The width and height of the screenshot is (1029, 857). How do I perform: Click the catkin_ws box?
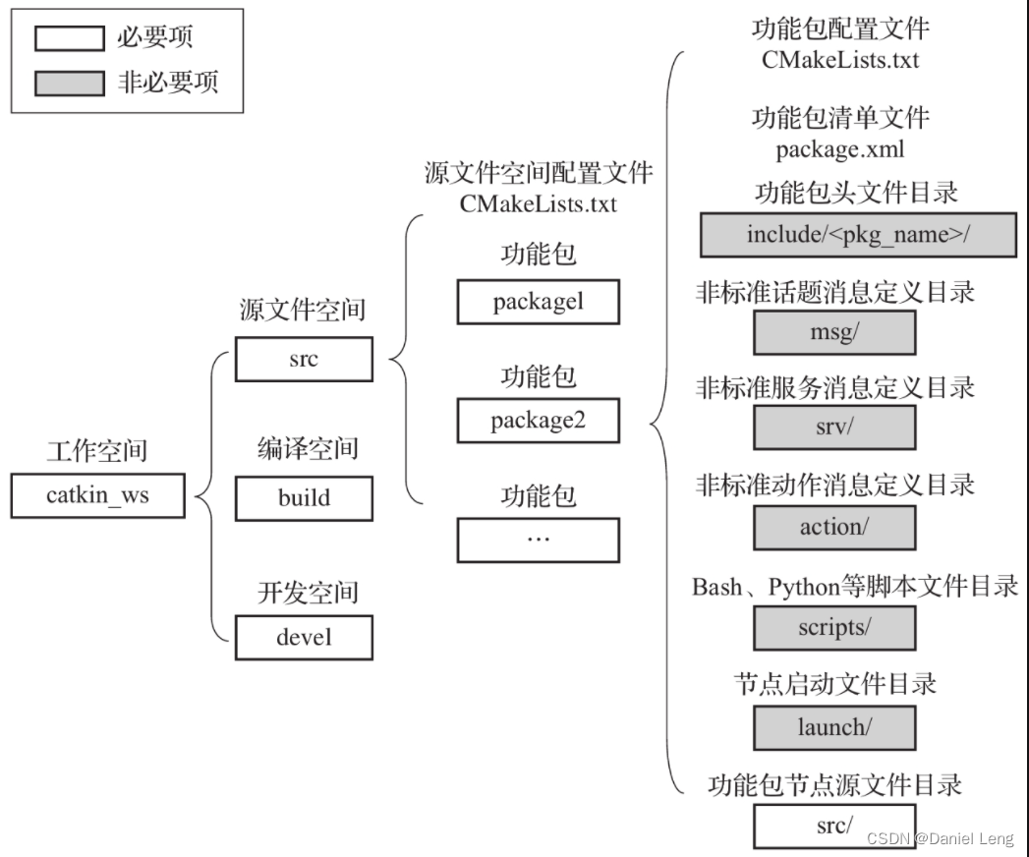pyautogui.click(x=97, y=495)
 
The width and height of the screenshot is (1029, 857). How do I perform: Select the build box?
pyautogui.click(x=304, y=498)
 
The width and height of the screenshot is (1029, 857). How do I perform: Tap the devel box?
pyautogui.click(x=304, y=637)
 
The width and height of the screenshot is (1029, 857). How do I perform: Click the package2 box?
pyautogui.click(x=538, y=421)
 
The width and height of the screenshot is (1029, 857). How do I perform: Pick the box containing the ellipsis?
pyautogui.click(x=538, y=540)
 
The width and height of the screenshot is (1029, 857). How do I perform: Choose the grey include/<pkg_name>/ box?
pyautogui.click(x=858, y=235)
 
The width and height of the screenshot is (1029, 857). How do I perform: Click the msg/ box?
pyautogui.click(x=834, y=332)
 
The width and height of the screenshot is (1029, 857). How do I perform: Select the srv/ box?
pyautogui.click(x=834, y=428)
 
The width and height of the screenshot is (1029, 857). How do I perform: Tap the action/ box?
pyautogui.click(x=834, y=527)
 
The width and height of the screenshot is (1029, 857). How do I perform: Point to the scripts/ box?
pyautogui.click(x=834, y=627)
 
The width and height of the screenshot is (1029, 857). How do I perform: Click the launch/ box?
pyautogui.click(x=834, y=727)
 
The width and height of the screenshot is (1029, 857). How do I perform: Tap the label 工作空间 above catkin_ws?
pyautogui.click(x=97, y=452)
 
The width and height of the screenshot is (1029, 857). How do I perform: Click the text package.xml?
pyautogui.click(x=840, y=150)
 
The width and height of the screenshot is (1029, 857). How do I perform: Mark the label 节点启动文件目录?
pyautogui.click(x=835, y=683)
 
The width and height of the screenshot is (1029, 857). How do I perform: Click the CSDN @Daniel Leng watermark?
pyautogui.click(x=939, y=838)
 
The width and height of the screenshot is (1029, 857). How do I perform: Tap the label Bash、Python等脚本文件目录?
pyautogui.click(x=855, y=587)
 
